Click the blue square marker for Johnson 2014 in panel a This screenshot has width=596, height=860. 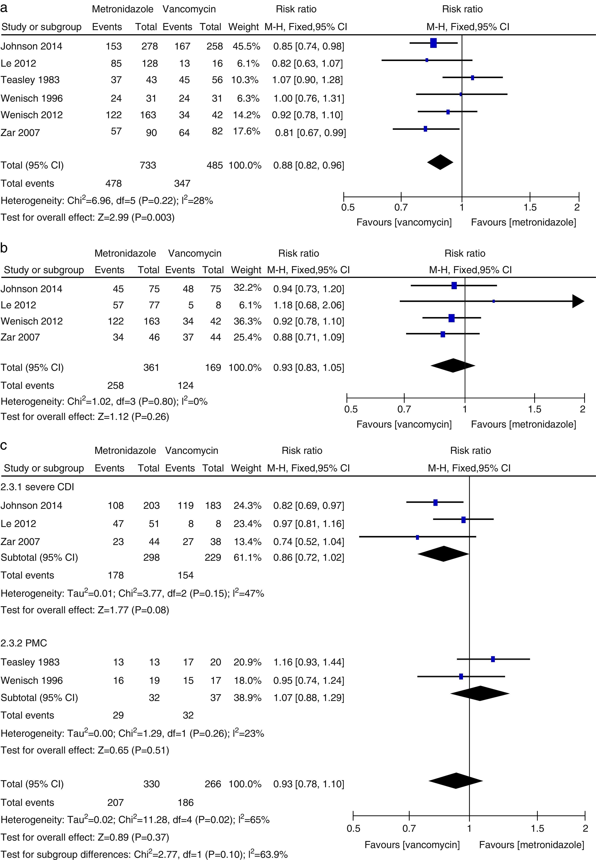[x=433, y=43]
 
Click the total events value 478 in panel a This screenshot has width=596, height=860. [x=114, y=183]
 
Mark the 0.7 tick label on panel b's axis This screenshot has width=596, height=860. [x=404, y=409]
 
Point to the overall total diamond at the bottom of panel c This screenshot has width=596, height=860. [x=456, y=780]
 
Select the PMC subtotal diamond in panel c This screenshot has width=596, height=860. [x=480, y=693]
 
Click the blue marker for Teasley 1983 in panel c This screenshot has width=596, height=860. [x=493, y=659]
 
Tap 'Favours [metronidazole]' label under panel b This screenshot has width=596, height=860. [x=523, y=424]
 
